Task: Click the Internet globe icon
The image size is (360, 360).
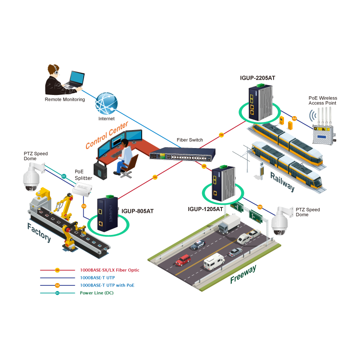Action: point(106,103)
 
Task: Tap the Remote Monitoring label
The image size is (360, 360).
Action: point(65,99)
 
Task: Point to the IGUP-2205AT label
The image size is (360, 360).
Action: point(257,78)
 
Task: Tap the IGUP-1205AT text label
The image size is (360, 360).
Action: point(205,209)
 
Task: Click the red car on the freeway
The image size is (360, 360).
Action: point(183,260)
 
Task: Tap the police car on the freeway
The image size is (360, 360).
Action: point(198,245)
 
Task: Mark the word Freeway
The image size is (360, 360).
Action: point(243,274)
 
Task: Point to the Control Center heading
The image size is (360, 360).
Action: point(107,135)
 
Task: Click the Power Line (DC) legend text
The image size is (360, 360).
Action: point(97,293)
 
